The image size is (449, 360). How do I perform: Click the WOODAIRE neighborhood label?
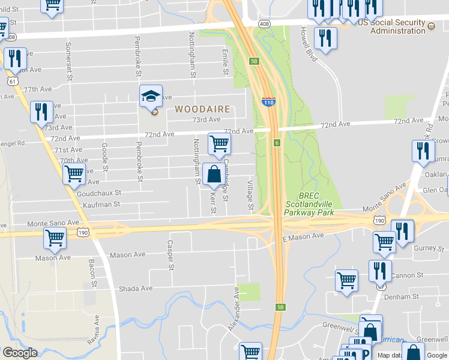203,109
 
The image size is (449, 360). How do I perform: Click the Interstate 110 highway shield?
268,102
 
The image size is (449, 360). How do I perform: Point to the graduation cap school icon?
151,96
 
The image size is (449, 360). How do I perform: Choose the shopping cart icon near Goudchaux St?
74,174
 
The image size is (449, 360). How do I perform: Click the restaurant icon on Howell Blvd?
325,38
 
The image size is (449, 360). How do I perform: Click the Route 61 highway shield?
13,80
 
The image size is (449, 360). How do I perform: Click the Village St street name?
251,194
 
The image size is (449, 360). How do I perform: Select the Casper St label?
170,256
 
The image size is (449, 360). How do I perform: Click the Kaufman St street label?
101,205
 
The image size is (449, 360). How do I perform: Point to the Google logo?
20,353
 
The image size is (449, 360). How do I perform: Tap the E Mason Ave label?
303,237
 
